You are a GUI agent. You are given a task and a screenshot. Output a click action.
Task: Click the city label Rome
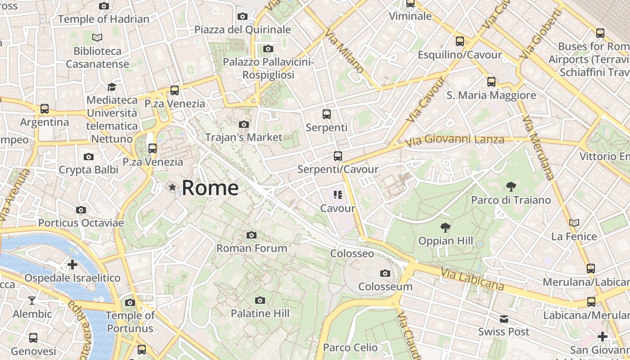[210, 188]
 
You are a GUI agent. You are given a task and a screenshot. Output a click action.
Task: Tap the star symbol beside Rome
[172, 187]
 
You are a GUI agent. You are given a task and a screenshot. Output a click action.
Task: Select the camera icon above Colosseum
[385, 273]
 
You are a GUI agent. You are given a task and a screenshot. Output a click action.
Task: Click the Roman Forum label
[252, 248]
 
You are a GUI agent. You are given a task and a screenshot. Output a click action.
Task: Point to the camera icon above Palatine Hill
[260, 300]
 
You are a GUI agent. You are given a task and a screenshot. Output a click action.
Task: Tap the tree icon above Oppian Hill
[445, 227]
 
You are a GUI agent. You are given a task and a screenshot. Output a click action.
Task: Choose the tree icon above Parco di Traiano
[511, 186]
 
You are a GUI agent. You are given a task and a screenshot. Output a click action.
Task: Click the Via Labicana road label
[472, 279]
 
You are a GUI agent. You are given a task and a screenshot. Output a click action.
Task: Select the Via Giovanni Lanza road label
[454, 140]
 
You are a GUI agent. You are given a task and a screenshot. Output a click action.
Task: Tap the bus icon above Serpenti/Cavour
[338, 156]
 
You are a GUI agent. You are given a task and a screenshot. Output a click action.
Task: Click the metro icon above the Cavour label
[338, 195]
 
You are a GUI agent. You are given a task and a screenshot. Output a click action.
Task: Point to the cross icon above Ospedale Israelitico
[72, 265]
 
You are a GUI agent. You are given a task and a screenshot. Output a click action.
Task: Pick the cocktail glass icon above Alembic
[32, 300]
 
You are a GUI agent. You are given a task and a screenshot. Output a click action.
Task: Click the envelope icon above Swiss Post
[504, 319]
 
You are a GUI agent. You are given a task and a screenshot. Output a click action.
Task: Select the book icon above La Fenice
[574, 223]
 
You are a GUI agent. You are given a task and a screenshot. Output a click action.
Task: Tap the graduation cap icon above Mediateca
[112, 86]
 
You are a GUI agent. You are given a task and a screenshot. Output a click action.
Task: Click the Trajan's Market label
[243, 137]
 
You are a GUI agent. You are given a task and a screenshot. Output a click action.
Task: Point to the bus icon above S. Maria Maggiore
[491, 82]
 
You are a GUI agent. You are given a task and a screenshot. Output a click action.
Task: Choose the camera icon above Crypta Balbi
[89, 157]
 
